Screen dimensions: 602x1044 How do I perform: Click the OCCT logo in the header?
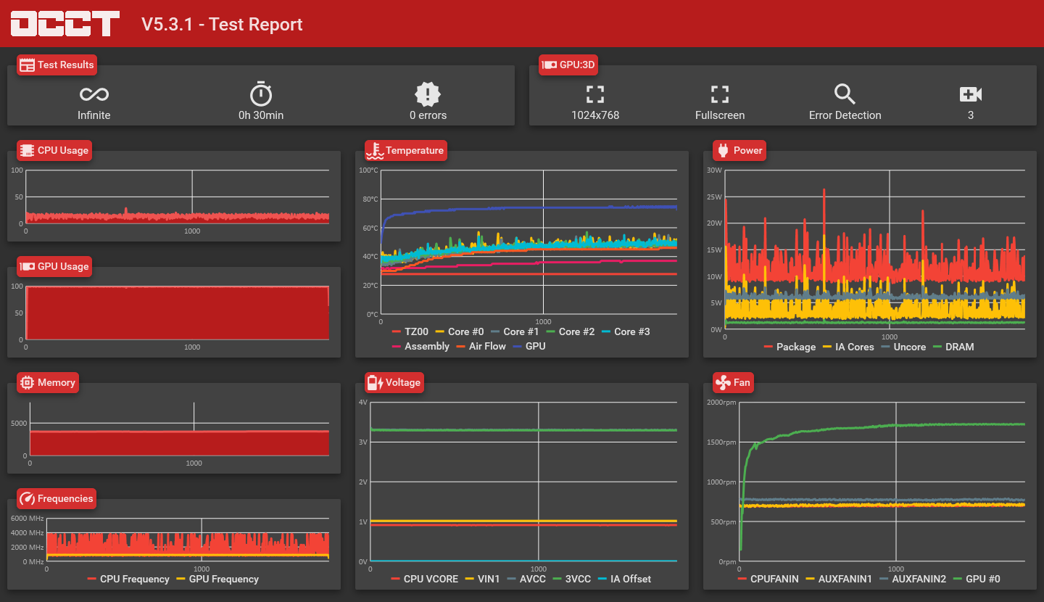pos(65,24)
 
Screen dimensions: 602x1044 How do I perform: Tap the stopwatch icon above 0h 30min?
pos(261,94)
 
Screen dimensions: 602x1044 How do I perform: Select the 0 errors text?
pos(428,115)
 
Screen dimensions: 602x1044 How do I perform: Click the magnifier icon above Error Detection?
pos(845,94)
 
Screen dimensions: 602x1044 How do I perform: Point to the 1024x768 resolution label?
pos(595,115)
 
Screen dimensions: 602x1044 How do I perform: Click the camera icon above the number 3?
pos(970,94)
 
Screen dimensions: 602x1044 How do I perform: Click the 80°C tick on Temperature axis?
pos(370,199)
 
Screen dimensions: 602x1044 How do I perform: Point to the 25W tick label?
pos(715,197)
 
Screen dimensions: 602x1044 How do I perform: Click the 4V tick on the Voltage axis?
pos(363,402)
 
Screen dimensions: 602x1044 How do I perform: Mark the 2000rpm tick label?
pos(721,402)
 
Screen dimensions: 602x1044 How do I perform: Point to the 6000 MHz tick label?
pos(28,518)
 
